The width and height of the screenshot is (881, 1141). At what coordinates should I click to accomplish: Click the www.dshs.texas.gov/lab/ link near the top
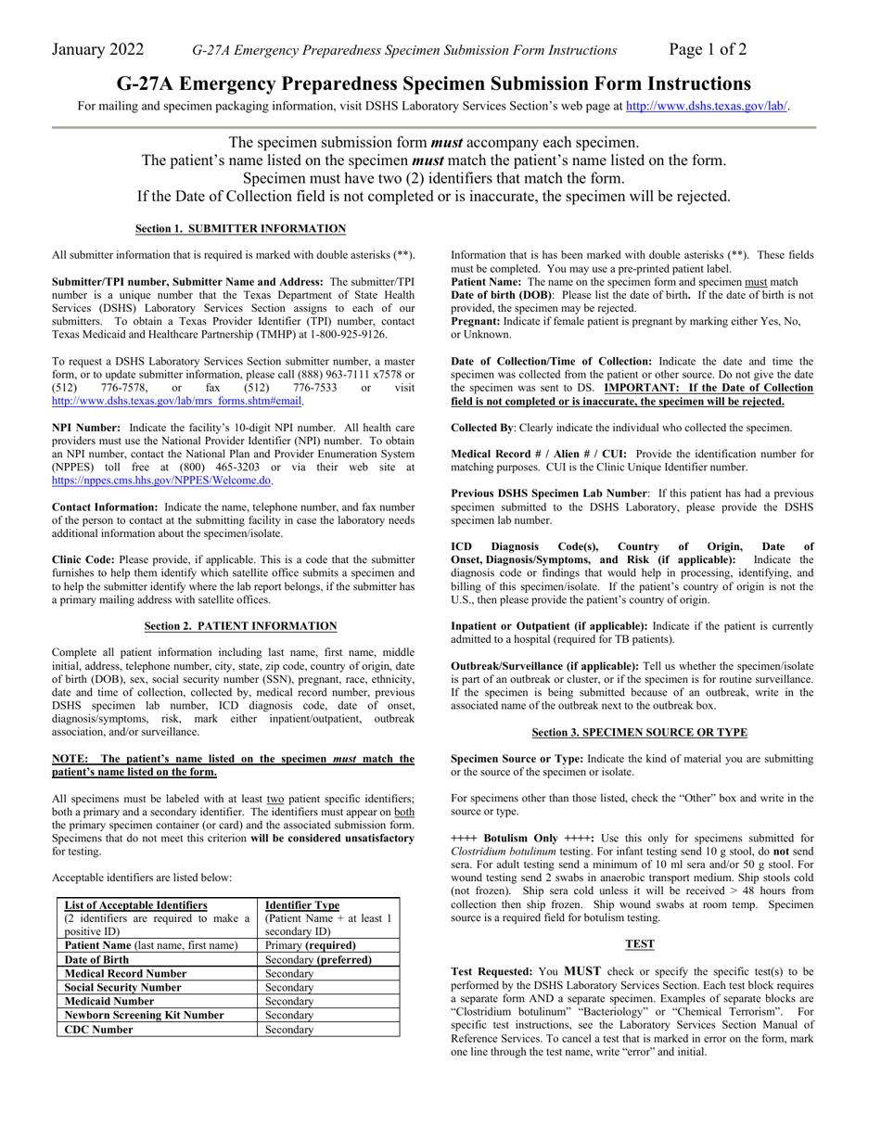tap(707, 106)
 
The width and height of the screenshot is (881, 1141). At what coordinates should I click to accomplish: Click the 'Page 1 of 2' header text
tap(708, 50)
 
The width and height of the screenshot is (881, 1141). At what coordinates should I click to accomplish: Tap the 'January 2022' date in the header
tap(97, 50)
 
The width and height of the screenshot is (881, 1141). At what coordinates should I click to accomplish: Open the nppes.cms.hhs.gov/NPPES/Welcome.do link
tap(161, 481)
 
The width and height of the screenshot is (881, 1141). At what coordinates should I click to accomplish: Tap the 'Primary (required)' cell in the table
tap(310, 945)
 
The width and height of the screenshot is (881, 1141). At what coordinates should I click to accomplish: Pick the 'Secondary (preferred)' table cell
tap(318, 959)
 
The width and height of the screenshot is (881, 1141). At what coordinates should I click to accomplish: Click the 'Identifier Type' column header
tap(302, 905)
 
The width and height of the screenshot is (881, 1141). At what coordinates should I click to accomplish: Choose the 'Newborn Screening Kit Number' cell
tap(144, 1015)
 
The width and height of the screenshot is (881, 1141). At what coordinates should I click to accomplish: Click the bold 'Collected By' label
tap(481, 428)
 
